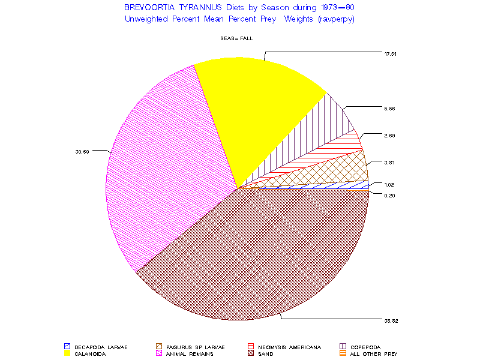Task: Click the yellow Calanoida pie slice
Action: [x=258, y=108]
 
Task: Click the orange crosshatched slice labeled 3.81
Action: [x=336, y=171]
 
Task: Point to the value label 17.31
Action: [x=391, y=54]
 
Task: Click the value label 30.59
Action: [x=82, y=152]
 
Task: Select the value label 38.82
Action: [x=391, y=321]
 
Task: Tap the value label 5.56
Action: [x=390, y=109]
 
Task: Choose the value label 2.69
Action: [x=390, y=136]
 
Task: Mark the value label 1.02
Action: [x=390, y=185]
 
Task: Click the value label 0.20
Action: [x=390, y=196]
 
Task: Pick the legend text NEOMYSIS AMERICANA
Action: [x=290, y=347]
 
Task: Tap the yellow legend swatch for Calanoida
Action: [x=67, y=353]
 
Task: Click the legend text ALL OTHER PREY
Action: [x=374, y=353]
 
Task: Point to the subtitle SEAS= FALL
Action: [x=237, y=38]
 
